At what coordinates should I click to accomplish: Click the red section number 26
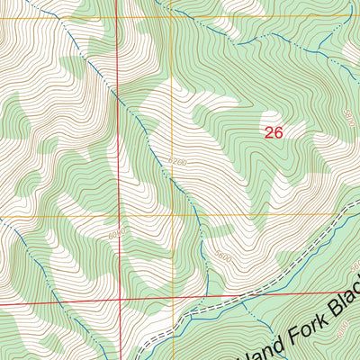point(274,131)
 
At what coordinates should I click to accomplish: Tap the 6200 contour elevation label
point(176,163)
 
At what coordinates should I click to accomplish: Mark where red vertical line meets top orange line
point(117,17)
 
